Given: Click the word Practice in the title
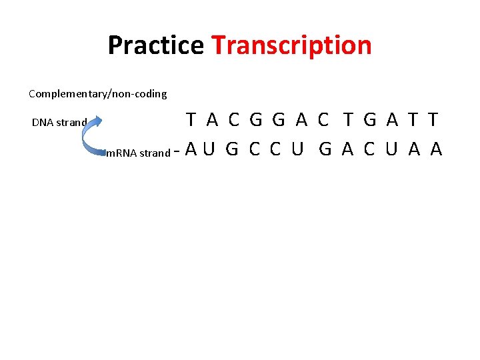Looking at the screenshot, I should point(155,45).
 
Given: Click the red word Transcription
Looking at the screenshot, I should point(291,45).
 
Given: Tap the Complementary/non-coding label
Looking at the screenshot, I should point(97,94).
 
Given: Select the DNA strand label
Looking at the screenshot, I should point(59,123).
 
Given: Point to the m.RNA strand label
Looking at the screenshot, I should point(138,153).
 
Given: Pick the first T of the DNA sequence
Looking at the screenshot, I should point(191,120).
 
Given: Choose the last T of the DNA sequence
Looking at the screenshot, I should point(433,120).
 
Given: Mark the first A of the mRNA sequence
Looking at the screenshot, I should point(191,149).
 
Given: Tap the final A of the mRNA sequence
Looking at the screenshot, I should point(437,149).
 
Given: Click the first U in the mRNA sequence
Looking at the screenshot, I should point(209,149).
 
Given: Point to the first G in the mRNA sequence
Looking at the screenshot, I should point(232,149).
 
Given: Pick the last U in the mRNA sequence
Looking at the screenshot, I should point(391,149).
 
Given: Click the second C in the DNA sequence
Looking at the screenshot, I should point(323,120).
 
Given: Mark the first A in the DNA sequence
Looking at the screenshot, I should point(212,120).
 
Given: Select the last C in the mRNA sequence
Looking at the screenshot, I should point(369,149).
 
